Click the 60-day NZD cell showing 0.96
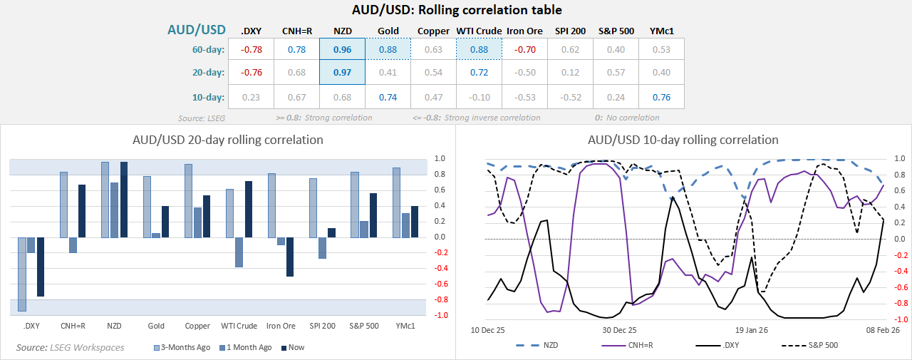click(x=342, y=49)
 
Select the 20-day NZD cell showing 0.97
click(x=342, y=72)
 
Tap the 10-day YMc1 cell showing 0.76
click(x=662, y=98)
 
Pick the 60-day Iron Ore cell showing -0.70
click(x=524, y=49)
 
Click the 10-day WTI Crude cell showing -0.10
click(x=479, y=98)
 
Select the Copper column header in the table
click(x=433, y=31)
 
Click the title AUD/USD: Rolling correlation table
click(x=457, y=10)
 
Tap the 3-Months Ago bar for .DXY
click(x=22, y=274)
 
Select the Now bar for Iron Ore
click(x=290, y=257)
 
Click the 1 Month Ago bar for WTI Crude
click(x=239, y=252)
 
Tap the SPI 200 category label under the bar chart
click(x=322, y=326)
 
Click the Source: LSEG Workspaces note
click(x=70, y=347)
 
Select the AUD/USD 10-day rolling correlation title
click(x=683, y=140)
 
